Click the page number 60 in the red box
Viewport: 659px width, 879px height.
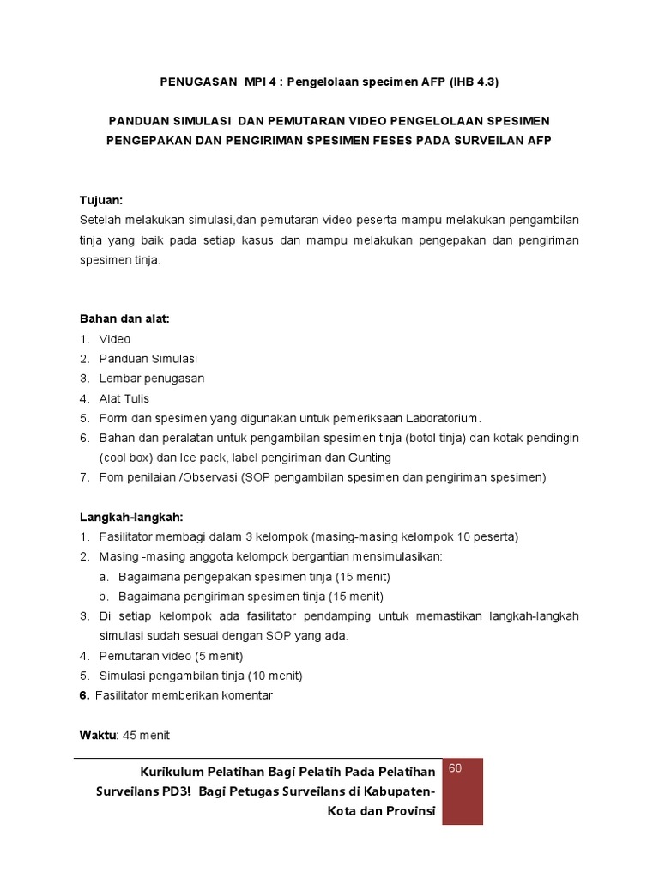point(455,767)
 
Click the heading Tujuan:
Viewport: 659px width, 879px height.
point(101,200)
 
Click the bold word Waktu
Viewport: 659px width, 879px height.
point(99,735)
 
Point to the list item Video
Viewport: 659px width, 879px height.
point(115,339)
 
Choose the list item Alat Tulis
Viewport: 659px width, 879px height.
point(124,398)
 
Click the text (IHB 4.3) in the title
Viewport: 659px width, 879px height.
point(469,82)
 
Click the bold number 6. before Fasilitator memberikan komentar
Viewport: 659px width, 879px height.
point(84,695)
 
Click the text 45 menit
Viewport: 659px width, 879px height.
point(147,735)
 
